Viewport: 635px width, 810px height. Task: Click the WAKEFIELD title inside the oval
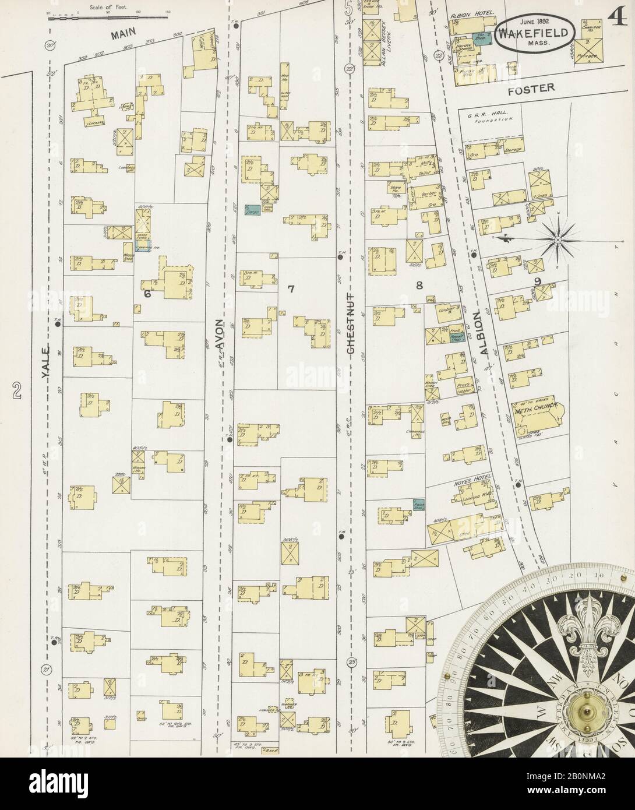(536, 34)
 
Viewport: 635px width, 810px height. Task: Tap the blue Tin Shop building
(479, 37)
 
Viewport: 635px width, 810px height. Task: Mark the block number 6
(148, 295)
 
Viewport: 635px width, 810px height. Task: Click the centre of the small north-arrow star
(557, 238)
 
